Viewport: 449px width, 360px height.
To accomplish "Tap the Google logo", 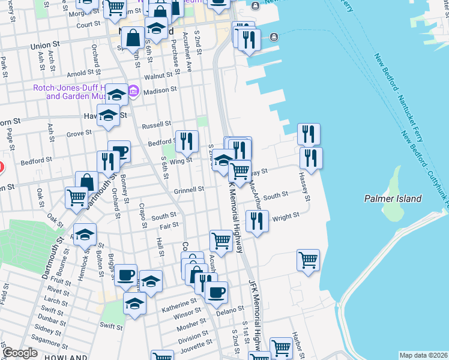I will pos(20,353).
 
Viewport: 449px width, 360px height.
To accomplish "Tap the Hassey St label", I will pos(304,187).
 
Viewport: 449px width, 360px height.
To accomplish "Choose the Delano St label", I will pos(230,309).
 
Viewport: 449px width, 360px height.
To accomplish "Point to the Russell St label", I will pos(156,125).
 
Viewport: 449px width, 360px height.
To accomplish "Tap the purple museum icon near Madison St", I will pos(133,92).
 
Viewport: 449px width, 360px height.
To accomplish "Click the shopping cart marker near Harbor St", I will pos(308,260).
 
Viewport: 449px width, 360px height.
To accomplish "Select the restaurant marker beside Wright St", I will pos(257,221).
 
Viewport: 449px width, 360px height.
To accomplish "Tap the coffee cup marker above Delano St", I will pos(216,292).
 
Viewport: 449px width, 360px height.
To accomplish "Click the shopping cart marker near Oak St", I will pos(77,197).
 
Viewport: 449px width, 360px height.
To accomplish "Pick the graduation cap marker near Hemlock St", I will pos(85,234).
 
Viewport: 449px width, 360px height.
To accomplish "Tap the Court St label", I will pos(88,25).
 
